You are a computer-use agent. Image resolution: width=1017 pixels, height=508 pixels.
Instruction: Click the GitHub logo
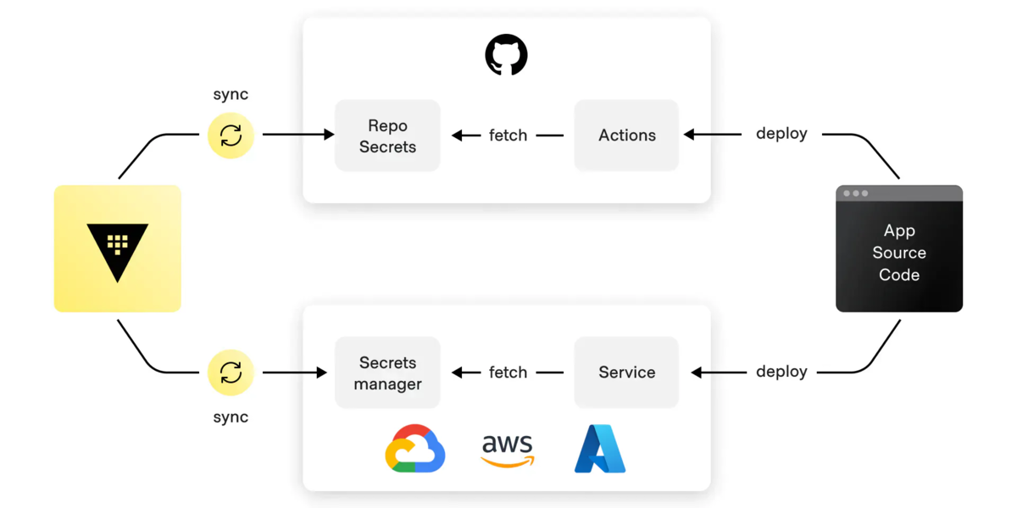(506, 55)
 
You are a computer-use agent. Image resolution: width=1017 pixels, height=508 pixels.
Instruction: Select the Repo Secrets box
(387, 135)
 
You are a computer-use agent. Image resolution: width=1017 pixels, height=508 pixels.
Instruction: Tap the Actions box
(626, 135)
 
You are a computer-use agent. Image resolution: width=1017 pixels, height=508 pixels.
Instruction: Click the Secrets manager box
(387, 373)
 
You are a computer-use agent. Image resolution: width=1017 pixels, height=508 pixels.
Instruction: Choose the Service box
(626, 373)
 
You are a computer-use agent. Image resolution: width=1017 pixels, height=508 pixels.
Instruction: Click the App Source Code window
(899, 252)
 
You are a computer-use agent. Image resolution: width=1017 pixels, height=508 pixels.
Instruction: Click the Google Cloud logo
(415, 448)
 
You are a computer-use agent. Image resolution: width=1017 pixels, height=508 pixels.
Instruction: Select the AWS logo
(508, 450)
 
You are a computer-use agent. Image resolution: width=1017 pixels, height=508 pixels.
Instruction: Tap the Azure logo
(600, 448)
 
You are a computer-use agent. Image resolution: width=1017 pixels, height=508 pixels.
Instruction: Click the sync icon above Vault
(231, 135)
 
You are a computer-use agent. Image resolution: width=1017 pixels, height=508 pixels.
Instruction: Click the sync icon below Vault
(231, 373)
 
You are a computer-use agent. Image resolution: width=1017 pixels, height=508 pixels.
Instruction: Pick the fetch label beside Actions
(508, 135)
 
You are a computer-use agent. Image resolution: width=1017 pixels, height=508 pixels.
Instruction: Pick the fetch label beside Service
(508, 373)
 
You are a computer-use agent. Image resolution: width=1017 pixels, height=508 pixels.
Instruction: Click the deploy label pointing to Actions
(781, 134)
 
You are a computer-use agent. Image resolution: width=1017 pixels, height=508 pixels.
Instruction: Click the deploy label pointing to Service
(781, 373)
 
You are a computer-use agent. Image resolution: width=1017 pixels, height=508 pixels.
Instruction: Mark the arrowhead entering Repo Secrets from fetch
(457, 135)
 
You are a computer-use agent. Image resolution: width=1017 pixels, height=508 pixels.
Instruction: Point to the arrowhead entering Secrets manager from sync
(322, 373)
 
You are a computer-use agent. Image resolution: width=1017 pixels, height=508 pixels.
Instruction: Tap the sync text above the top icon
(231, 95)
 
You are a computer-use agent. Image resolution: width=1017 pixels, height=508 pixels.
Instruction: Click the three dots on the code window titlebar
(855, 194)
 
